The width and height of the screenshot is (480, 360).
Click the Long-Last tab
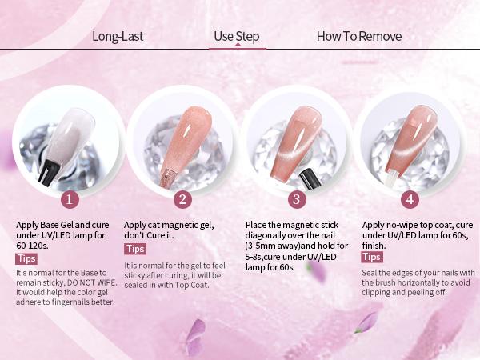point(118,36)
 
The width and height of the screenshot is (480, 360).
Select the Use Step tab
point(237,36)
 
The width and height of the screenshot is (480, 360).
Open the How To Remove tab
point(358,36)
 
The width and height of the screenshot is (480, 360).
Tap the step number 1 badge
point(70,199)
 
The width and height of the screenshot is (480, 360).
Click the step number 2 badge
point(182,199)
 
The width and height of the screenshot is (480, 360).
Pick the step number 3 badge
point(296,199)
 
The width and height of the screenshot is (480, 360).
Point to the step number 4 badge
point(410,199)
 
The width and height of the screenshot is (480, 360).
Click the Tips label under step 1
point(26,258)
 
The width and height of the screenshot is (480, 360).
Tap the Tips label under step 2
point(135,249)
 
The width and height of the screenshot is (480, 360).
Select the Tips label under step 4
point(372,257)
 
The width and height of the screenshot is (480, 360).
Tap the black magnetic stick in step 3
point(310,178)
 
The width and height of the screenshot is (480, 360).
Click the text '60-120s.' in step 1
point(32,246)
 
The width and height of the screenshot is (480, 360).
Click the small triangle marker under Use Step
point(238,45)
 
